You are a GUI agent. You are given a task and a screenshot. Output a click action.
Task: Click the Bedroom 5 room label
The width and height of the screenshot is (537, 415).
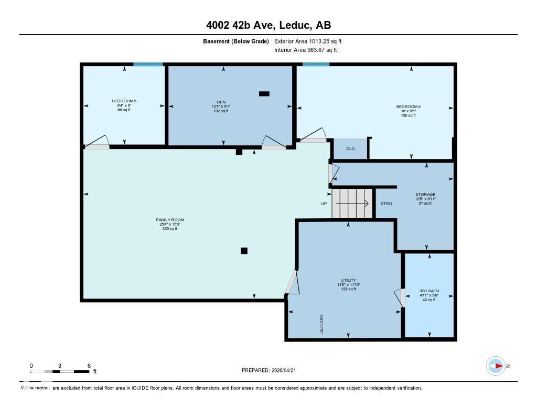pyautogui.click(x=124, y=101)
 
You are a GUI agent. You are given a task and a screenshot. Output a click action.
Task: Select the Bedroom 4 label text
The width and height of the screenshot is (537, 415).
pyautogui.click(x=408, y=107)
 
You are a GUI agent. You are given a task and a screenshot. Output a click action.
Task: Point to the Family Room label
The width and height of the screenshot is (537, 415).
pyautogui.click(x=170, y=220)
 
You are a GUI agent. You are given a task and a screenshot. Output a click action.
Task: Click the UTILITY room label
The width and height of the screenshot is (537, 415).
pyautogui.click(x=348, y=280)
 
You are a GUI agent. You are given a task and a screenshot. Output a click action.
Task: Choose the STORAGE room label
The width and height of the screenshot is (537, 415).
pyautogui.click(x=425, y=195)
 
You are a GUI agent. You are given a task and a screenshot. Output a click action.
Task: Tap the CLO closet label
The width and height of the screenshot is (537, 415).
pyautogui.click(x=350, y=149)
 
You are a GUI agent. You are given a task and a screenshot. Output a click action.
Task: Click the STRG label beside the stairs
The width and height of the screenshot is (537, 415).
pyautogui.click(x=386, y=204)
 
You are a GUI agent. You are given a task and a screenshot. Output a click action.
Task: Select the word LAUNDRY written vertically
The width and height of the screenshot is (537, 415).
pyautogui.click(x=322, y=324)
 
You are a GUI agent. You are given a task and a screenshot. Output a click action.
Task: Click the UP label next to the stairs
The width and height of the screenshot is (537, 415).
pyautogui.click(x=324, y=204)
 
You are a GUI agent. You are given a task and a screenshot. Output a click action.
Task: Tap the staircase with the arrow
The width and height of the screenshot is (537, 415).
pyautogui.click(x=353, y=204)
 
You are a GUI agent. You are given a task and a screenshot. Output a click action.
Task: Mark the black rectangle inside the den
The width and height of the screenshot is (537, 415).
pyautogui.click(x=264, y=94)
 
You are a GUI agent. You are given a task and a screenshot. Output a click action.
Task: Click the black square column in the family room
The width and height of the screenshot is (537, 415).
pyautogui.click(x=244, y=251)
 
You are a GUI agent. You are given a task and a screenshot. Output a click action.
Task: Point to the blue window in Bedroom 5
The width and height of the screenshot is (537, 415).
pyautogui.click(x=148, y=65)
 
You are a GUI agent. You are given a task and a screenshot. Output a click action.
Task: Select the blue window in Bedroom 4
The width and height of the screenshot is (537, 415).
pyautogui.click(x=316, y=65)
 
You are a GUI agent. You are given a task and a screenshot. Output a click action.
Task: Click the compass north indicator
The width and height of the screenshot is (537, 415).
pyautogui.click(x=496, y=366)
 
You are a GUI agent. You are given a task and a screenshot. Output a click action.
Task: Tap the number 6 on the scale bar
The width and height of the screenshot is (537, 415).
pyautogui.click(x=89, y=366)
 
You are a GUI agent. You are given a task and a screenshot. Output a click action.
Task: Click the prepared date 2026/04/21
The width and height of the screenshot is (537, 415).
pyautogui.click(x=287, y=370)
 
